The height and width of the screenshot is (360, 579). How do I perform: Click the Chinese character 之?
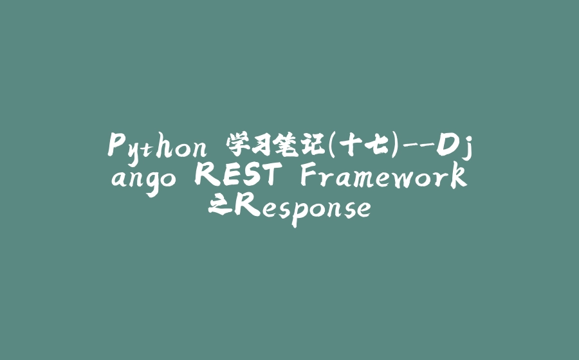[x=219, y=206]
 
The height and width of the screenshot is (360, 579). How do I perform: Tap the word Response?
[x=302, y=207]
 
